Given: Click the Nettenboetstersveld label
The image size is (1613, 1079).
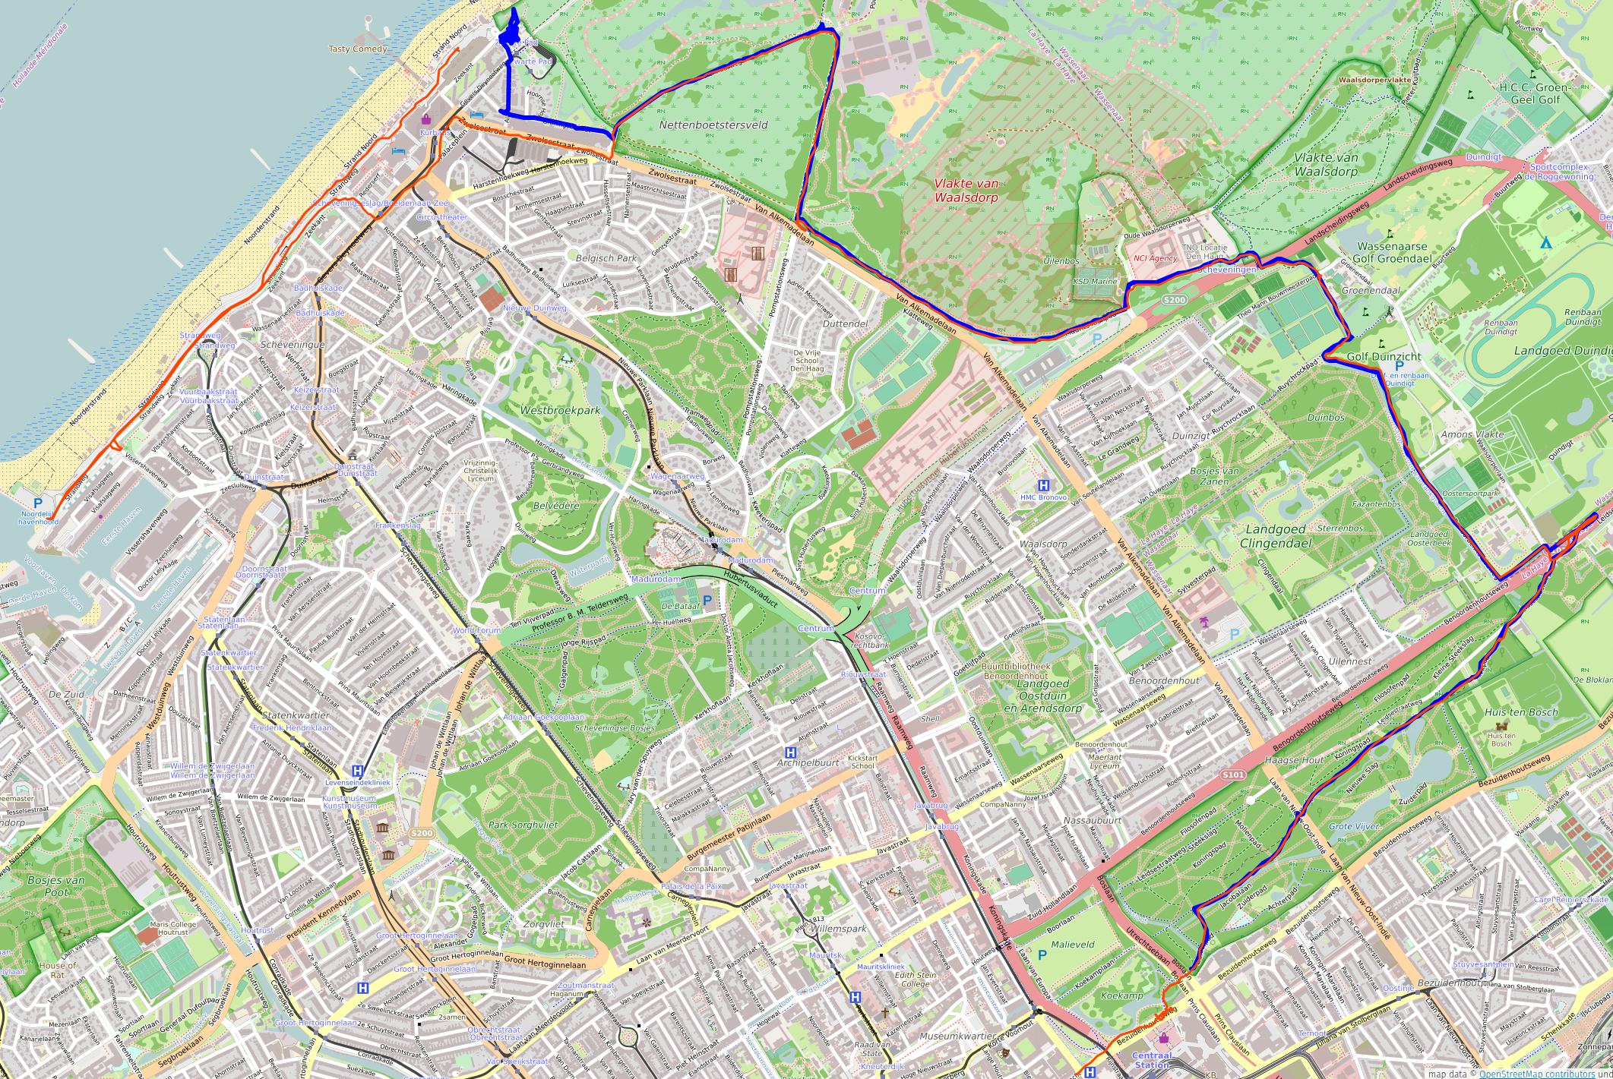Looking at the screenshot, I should tap(713, 125).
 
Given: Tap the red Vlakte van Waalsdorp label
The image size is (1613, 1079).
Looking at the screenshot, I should tap(966, 191).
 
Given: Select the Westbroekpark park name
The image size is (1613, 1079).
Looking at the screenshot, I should tap(560, 410).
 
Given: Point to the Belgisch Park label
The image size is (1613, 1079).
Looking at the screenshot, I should tap(606, 258).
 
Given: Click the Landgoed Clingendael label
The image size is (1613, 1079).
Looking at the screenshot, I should tap(1276, 536).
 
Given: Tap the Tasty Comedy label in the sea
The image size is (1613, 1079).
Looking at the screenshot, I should tap(358, 49).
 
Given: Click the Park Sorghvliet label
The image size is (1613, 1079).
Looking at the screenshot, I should tap(523, 825).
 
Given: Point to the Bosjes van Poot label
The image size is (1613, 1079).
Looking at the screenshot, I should tap(56, 886).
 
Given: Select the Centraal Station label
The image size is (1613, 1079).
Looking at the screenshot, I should tap(1152, 1060).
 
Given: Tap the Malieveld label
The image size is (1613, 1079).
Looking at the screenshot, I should tap(1073, 945).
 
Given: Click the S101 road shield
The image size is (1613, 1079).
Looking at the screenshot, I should tap(1232, 775).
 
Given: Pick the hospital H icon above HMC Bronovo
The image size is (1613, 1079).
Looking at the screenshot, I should tap(1044, 485).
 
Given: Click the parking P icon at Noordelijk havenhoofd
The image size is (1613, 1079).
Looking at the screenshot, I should tap(38, 503).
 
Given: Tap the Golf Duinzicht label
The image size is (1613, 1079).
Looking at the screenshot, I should tap(1384, 356).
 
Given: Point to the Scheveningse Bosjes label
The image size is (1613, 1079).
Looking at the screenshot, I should tap(614, 728).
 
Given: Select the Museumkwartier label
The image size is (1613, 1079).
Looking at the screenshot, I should tap(957, 1036).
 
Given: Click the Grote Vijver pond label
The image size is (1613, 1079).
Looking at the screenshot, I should tap(1355, 826).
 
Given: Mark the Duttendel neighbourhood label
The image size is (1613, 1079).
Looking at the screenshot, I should tap(845, 323).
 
